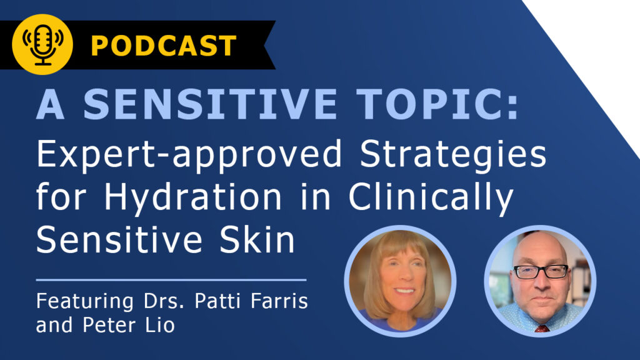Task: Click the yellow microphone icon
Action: coord(42,44)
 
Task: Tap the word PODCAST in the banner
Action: coord(164,45)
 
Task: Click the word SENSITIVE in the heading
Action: coord(210,104)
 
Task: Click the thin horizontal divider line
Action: coord(171,280)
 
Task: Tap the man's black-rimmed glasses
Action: coord(541,271)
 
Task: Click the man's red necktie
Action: coord(542,328)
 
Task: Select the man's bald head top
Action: coord(539,245)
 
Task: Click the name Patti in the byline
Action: coord(219,301)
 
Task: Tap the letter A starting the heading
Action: coord(50,104)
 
